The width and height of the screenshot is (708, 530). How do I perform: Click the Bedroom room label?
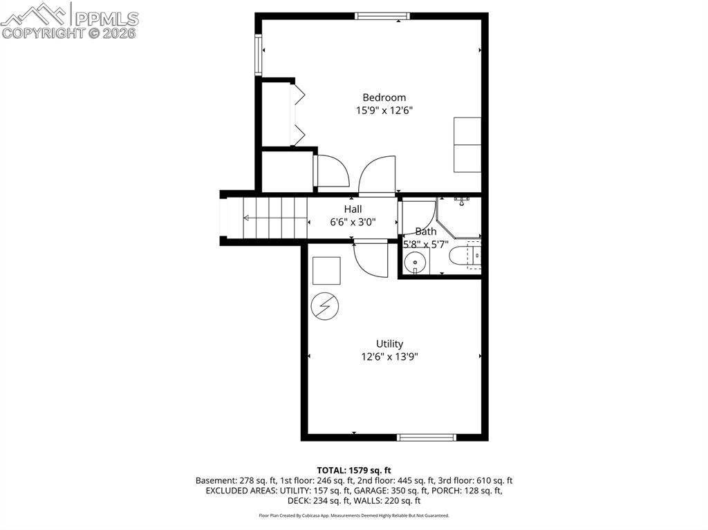[x=384, y=97]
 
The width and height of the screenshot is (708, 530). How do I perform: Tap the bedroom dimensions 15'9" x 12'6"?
[x=384, y=111]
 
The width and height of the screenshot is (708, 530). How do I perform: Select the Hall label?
[x=353, y=209]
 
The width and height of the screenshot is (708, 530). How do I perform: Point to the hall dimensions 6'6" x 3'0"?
[x=353, y=222]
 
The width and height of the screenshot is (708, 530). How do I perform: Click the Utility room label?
[x=389, y=343]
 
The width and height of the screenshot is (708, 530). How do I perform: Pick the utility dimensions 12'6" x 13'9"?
[x=389, y=357]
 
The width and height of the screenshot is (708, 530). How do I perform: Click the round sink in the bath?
[x=415, y=262]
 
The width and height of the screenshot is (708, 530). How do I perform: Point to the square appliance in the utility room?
[x=326, y=271]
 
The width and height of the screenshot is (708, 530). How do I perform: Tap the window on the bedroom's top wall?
[x=382, y=16]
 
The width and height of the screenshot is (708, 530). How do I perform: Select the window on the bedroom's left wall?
[x=259, y=55]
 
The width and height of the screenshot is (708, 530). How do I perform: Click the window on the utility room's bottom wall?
[x=427, y=437]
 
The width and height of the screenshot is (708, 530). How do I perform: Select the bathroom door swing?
[x=419, y=214]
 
